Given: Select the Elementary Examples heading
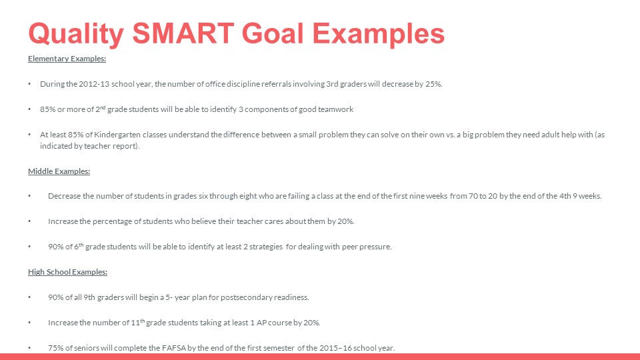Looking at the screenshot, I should point(67,59).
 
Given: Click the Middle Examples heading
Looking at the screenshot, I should point(59,171).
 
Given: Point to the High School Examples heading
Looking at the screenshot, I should point(67,272).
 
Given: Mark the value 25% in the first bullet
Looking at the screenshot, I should point(433,84).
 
